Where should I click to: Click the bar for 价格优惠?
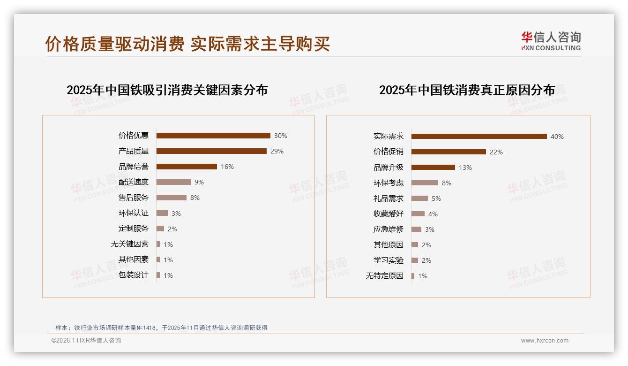(213, 136)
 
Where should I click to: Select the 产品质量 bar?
(211, 151)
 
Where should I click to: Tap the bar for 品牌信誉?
(187, 167)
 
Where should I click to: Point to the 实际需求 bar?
(479, 137)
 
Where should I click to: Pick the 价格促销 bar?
(449, 152)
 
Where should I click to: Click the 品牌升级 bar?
(433, 167)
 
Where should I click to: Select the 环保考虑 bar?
(425, 183)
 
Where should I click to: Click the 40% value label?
(557, 137)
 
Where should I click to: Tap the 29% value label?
(277, 151)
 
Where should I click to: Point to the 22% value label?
(496, 152)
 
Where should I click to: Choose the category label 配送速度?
(134, 182)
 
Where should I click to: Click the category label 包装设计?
(134, 275)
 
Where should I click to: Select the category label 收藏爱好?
(389, 213)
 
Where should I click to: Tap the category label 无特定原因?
(385, 276)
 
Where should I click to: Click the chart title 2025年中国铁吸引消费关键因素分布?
(167, 90)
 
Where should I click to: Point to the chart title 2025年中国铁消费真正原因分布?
(467, 90)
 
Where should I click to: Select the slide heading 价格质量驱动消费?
(115, 44)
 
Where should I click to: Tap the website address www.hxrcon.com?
(545, 341)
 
